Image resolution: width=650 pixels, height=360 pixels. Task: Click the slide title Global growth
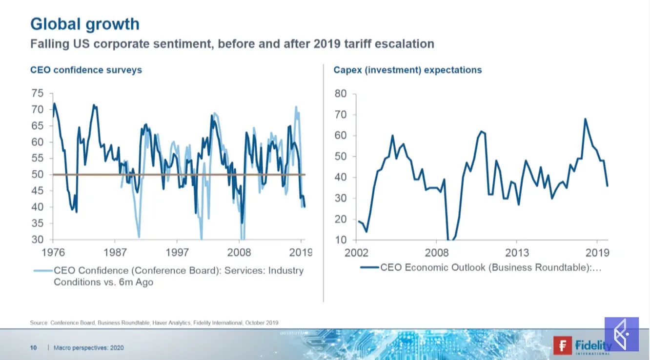coord(84,24)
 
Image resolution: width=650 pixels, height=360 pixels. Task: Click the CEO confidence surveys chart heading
coord(86,70)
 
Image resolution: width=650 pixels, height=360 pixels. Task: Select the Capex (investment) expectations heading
coord(407,70)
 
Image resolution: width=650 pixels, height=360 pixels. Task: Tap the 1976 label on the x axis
coord(53,252)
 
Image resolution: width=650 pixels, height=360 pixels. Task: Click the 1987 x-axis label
coord(115,252)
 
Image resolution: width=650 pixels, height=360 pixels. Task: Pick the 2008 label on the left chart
coord(240,252)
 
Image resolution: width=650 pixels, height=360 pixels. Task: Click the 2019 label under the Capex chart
coord(597,253)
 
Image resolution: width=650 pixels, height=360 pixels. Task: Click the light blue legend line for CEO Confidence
coord(42,270)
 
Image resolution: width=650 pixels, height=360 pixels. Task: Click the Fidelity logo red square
coord(563,345)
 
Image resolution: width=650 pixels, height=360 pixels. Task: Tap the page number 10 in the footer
coord(34,348)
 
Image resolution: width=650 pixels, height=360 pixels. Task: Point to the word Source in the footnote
coord(39,322)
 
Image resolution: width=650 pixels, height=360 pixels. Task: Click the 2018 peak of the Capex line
coord(585,119)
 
